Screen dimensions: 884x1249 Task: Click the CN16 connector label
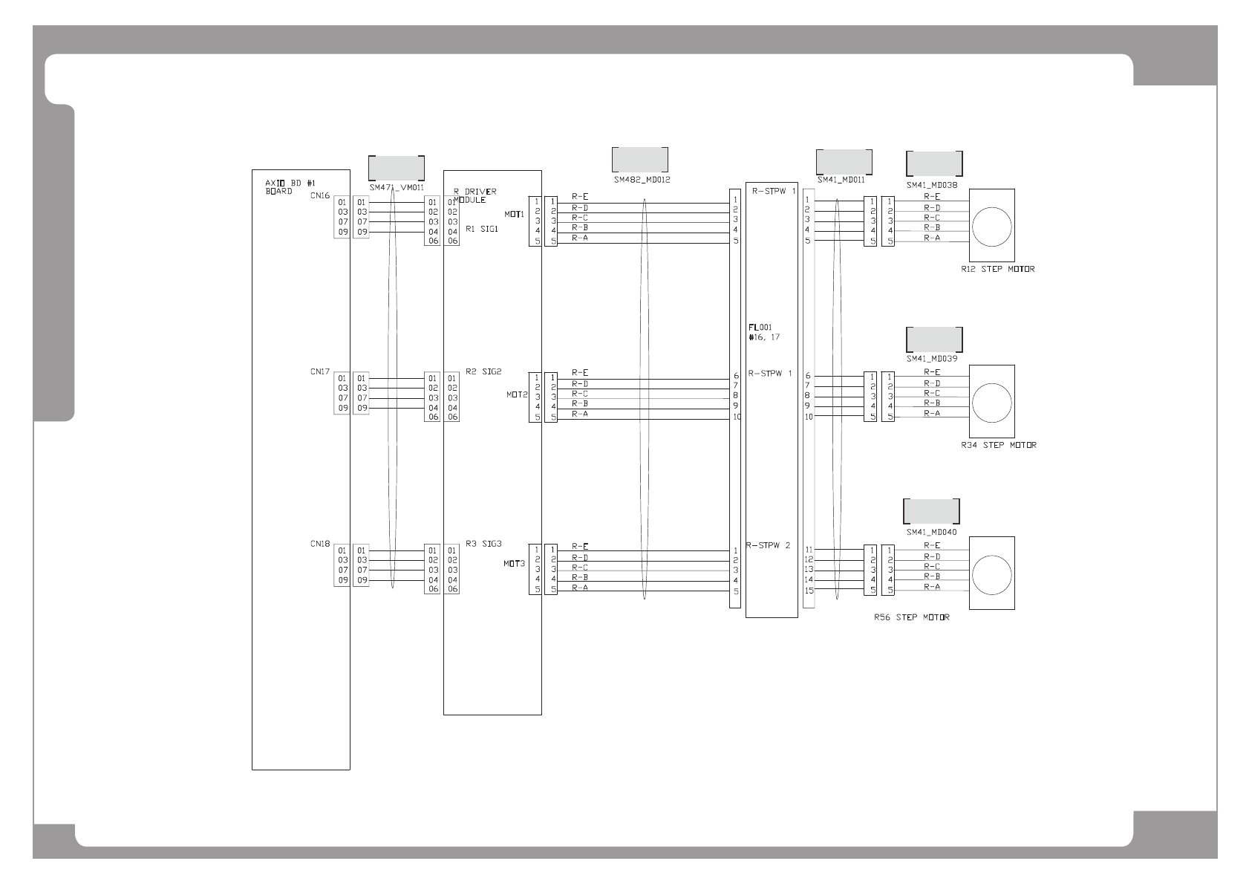tap(320, 196)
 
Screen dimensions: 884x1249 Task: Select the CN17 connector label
tap(320, 371)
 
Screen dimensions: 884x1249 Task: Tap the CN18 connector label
tap(320, 544)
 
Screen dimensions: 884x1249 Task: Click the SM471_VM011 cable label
tap(397, 188)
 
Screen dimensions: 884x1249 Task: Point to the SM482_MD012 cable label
tap(642, 180)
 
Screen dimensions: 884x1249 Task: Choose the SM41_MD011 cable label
tap(841, 180)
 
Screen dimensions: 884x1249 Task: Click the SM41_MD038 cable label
tap(932, 185)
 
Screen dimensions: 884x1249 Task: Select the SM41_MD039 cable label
tap(932, 359)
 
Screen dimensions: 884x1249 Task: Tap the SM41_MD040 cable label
tap(931, 532)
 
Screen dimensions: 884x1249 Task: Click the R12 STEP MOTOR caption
tap(997, 269)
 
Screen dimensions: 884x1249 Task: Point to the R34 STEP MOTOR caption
tap(999, 445)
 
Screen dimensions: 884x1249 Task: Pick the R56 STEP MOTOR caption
tap(912, 617)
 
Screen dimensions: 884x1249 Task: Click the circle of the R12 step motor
tap(991, 226)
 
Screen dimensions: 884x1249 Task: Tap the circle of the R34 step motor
tap(991, 402)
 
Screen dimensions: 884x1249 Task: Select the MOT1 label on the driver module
tap(515, 215)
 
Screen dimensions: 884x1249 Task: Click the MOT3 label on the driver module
tap(515, 564)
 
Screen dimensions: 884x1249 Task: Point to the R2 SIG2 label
tap(483, 371)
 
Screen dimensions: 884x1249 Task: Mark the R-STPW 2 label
tap(769, 546)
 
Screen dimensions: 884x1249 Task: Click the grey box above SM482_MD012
tap(639, 160)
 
